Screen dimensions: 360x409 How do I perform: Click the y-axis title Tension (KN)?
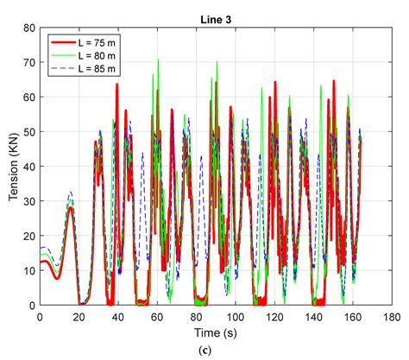point(12,167)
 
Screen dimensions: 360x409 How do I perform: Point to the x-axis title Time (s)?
point(216,333)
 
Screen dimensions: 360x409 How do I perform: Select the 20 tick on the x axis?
point(79,317)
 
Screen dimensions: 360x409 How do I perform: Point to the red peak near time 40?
point(116,84)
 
